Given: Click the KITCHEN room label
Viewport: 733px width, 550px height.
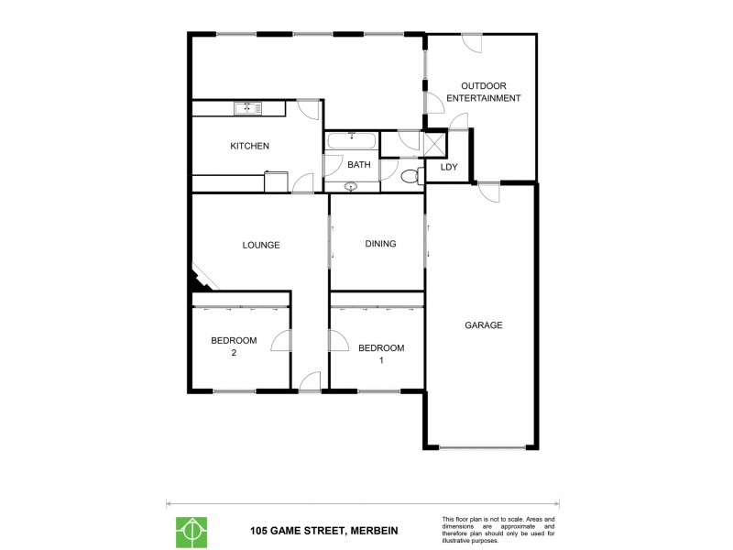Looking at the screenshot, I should coord(249,146).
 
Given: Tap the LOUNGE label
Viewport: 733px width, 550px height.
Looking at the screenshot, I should coord(261,245).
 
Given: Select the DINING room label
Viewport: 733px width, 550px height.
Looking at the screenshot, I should coord(380,244).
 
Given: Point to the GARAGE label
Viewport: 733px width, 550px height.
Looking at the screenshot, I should coord(483,324).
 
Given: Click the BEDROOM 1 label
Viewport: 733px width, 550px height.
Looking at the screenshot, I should coord(380,353).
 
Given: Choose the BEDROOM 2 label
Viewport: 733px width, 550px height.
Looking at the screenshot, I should coord(234,346).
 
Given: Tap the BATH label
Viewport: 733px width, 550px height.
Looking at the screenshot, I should coord(358,165).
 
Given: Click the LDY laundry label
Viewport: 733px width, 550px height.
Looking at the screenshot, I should coord(449,167).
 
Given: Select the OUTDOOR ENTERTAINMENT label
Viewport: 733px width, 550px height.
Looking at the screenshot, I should coord(484,92).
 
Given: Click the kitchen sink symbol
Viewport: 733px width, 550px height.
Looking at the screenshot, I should coord(247,109).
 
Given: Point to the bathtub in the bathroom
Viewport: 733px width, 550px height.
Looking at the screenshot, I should coord(351,141).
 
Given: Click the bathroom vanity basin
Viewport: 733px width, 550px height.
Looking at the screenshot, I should coord(351,186).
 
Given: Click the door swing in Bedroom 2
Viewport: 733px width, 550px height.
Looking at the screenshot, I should coord(280,341).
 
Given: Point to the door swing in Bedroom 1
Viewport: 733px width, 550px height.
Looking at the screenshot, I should coord(339,341).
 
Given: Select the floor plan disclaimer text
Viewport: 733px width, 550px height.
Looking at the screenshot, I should coord(498,530).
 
